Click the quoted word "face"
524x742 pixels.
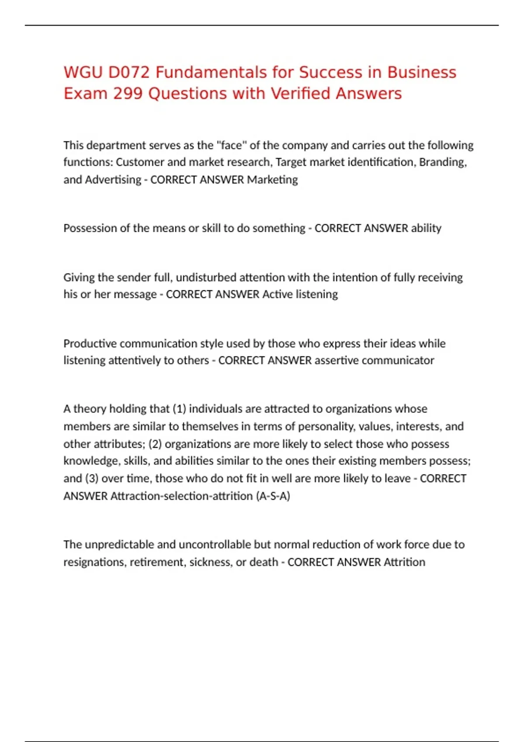[x=231, y=145]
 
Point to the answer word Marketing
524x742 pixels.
[x=272, y=179]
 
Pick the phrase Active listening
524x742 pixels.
[x=300, y=294]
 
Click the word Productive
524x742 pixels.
[x=90, y=344]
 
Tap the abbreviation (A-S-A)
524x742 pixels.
[x=273, y=496]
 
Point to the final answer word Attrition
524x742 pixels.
[x=404, y=562]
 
